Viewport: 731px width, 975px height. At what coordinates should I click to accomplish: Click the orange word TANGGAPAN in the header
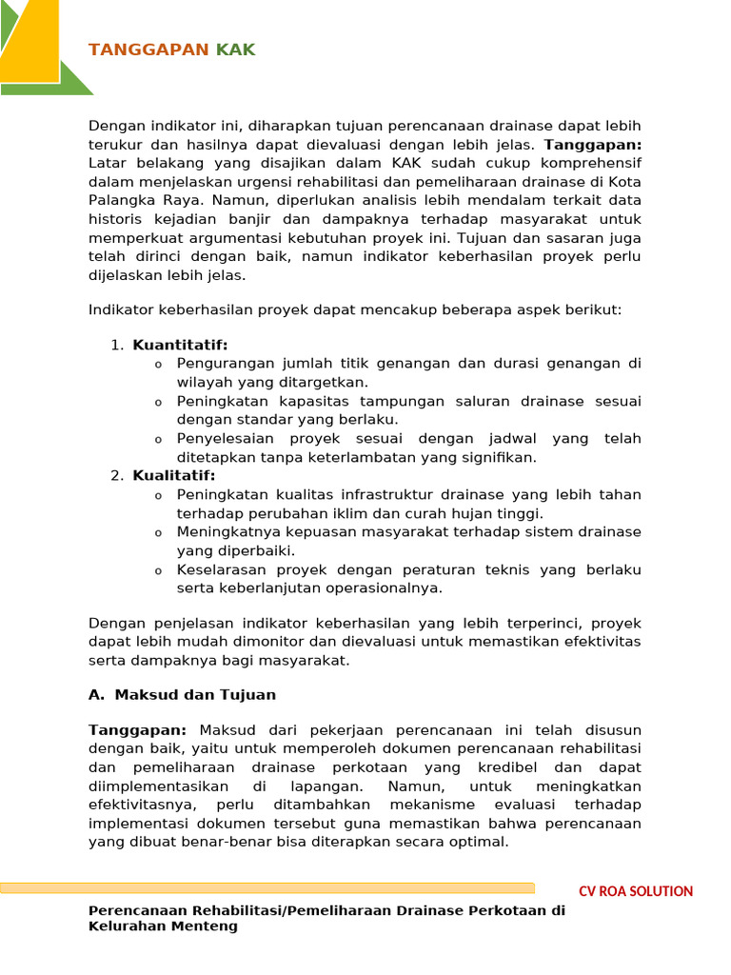[148, 50]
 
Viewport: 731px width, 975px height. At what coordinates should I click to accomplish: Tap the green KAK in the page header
[235, 50]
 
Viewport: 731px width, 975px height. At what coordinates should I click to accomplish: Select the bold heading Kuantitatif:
[180, 345]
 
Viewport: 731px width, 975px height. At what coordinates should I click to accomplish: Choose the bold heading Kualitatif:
[174, 476]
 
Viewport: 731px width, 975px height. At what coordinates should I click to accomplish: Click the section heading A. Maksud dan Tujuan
[182, 695]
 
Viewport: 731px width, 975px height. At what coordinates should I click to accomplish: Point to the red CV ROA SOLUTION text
[636, 891]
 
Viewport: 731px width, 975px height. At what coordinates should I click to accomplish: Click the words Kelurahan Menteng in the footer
[163, 925]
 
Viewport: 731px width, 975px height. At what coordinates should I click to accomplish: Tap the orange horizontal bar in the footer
[267, 888]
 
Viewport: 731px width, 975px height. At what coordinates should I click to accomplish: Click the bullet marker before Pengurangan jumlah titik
[158, 365]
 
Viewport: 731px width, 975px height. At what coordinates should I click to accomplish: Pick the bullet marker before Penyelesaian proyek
[158, 440]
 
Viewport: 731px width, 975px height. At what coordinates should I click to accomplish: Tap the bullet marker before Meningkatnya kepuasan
[158, 533]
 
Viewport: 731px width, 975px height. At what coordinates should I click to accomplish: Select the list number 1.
[115, 345]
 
